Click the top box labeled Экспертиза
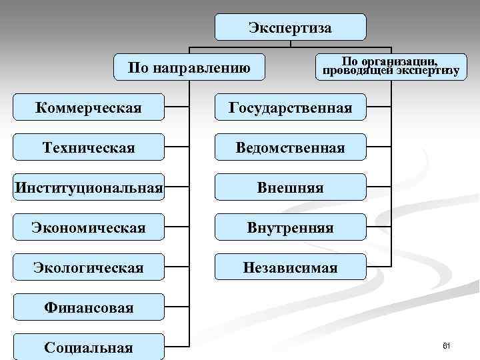(x=290, y=27)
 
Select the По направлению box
(x=189, y=67)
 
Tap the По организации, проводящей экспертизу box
(x=391, y=67)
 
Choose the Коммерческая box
(x=88, y=107)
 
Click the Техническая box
(x=88, y=147)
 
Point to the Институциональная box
(x=88, y=187)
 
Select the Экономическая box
(x=88, y=227)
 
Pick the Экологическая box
(x=88, y=267)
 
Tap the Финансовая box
(x=88, y=307)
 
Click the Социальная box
(x=88, y=347)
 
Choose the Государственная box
(x=290, y=107)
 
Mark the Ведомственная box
(x=290, y=147)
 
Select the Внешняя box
(x=290, y=187)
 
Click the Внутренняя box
(x=290, y=227)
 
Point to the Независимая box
(x=290, y=267)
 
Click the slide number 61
(x=447, y=345)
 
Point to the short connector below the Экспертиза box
(x=290, y=44)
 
